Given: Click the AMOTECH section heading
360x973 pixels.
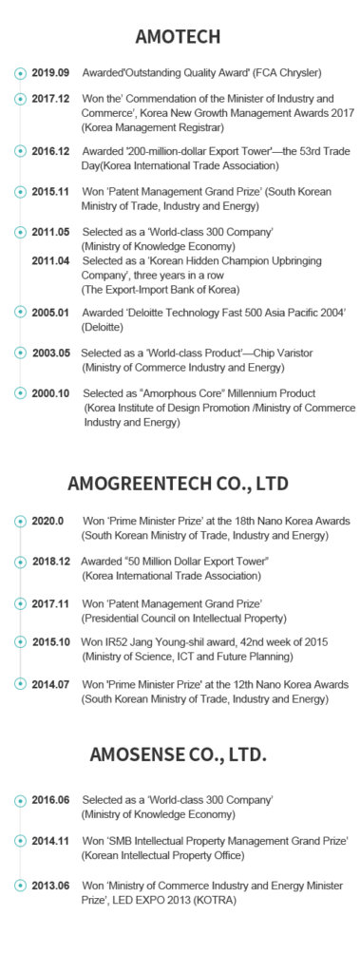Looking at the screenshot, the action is point(180,37).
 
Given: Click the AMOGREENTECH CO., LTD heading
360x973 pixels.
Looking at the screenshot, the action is point(180,484).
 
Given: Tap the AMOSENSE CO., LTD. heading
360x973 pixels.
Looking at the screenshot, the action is point(179,756).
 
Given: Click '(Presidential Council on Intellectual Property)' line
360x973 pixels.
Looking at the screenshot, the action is point(178,617).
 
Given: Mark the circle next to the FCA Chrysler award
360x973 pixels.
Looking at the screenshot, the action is point(18,73).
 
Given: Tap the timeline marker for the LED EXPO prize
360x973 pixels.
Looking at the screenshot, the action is point(18,886).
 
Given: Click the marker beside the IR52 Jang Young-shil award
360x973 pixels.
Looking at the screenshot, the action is point(18,643).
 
